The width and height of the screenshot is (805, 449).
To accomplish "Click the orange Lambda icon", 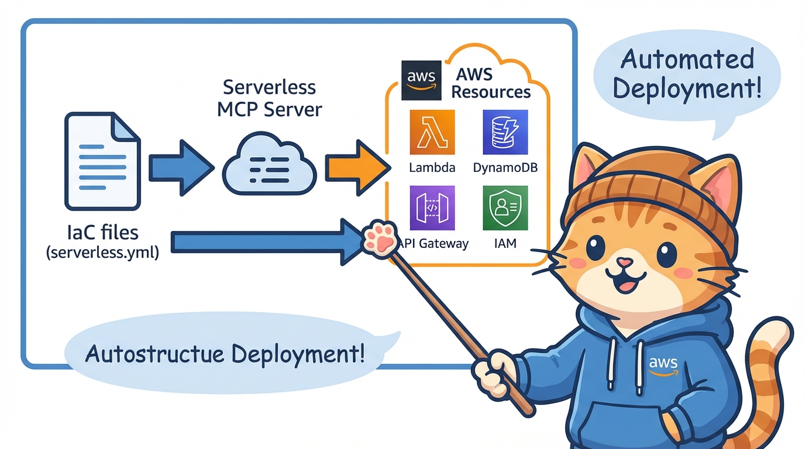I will [432, 132].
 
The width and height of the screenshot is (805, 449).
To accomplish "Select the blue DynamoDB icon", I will [505, 132].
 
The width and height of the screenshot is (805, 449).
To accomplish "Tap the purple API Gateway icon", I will [432, 208].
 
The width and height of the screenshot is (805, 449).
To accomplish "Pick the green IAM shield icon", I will [505, 208].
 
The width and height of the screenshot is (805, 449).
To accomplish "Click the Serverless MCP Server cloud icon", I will [269, 166].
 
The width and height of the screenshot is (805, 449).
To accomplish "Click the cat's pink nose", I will [624, 263].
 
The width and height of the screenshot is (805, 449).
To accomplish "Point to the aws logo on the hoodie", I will [663, 366].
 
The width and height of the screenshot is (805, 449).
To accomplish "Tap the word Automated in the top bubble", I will [687, 60].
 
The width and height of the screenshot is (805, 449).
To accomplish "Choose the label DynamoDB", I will [505, 168].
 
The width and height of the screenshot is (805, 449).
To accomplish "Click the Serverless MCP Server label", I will [269, 98].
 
